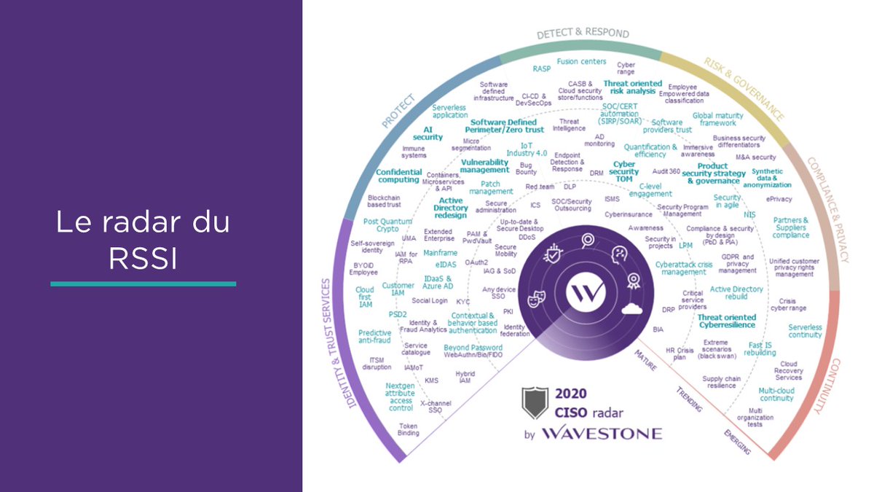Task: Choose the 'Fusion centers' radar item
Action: [581, 62]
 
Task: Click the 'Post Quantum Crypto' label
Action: [385, 224]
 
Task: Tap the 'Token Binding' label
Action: [409, 429]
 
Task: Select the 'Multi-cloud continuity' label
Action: [776, 394]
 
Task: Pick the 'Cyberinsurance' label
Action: [629, 215]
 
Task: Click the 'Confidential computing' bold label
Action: [399, 176]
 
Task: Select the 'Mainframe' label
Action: [441, 253]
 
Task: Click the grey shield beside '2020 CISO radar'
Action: [535, 402]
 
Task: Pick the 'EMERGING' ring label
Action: [736, 442]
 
